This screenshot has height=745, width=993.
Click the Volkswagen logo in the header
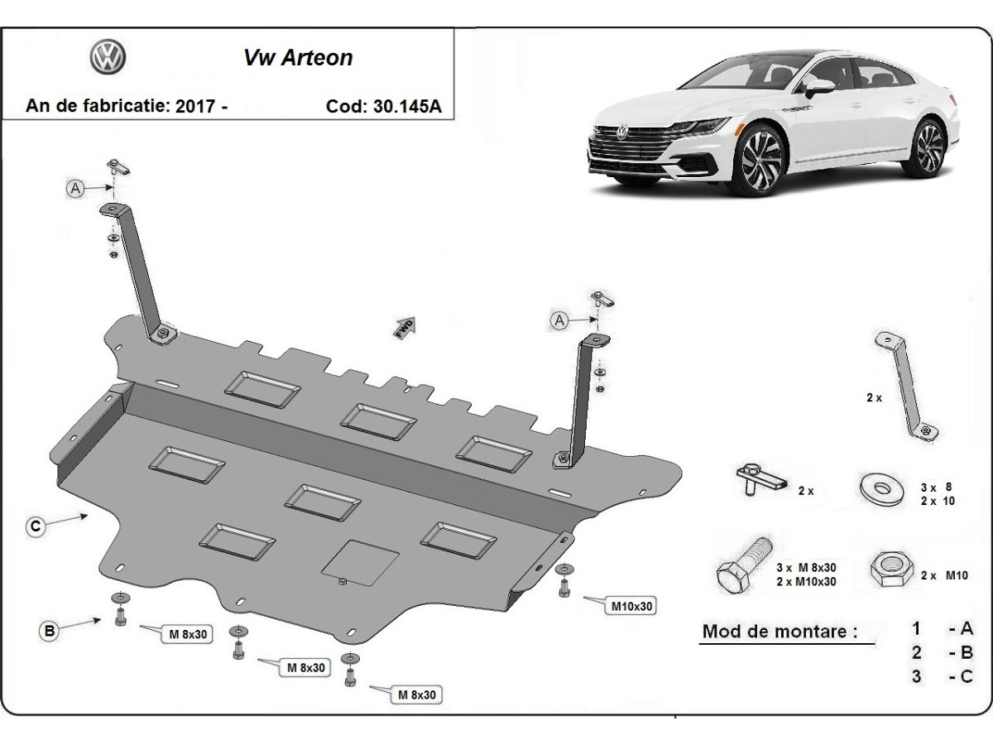[x=108, y=57]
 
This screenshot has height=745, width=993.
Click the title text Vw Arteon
[x=297, y=58]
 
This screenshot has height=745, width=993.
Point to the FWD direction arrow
[x=405, y=326]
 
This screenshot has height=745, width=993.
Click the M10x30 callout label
[x=632, y=606]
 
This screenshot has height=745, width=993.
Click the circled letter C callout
[x=35, y=526]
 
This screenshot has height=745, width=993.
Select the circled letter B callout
[x=50, y=631]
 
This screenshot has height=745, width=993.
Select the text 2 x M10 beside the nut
[x=944, y=575]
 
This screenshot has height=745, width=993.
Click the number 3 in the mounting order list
[x=917, y=675]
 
